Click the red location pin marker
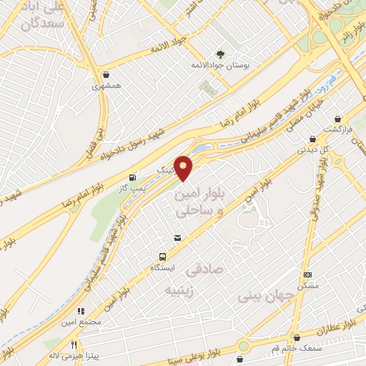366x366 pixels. (184, 167)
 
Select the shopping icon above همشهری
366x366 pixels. (107, 74)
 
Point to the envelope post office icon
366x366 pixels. (177, 237)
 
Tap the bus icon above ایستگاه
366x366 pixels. (163, 257)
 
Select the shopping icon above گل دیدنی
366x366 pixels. (312, 140)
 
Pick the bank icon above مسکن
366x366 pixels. (308, 274)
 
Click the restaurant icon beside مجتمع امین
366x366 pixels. (80, 311)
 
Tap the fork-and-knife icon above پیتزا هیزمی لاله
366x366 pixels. (73, 343)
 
